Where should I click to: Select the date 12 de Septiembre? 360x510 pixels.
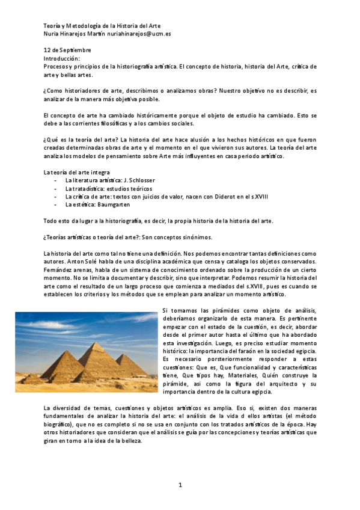67,50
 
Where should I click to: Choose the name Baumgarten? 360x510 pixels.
114,204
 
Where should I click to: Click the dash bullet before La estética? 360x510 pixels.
56,204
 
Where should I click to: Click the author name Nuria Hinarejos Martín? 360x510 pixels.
78,34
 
